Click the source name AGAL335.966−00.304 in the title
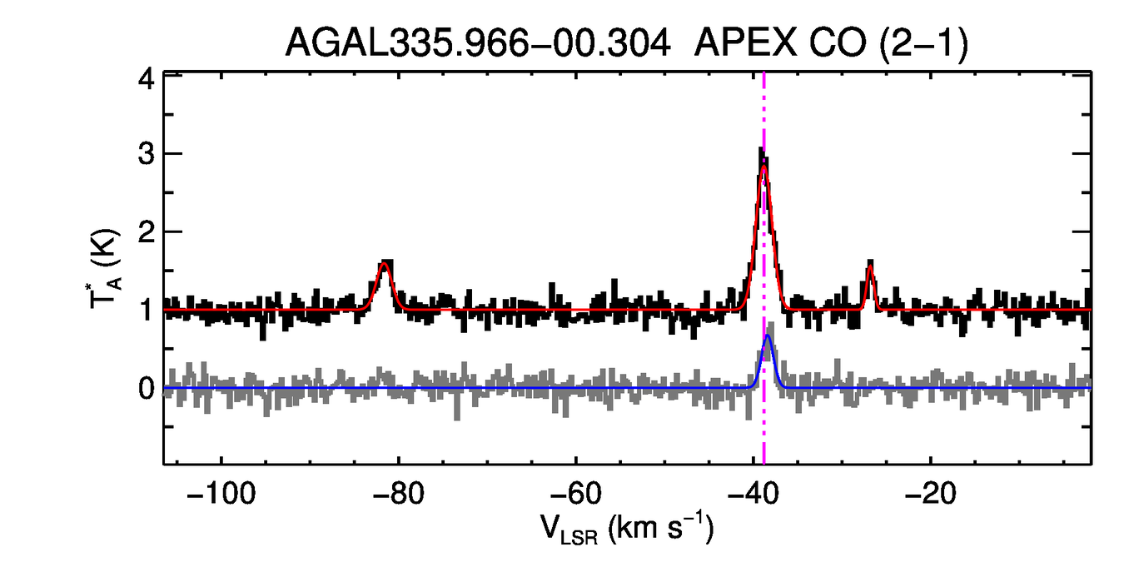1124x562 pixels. tap(478, 42)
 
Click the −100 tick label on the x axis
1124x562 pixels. tap(221, 492)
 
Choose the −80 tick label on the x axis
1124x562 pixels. tap(399, 492)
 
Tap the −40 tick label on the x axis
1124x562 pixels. tap(753, 492)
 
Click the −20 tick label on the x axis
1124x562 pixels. tap(931, 492)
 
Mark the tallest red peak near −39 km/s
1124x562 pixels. tap(763, 167)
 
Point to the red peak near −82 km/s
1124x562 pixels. tap(385, 265)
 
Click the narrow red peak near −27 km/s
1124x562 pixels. tap(870, 268)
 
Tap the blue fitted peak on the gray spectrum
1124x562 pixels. tap(768, 336)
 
